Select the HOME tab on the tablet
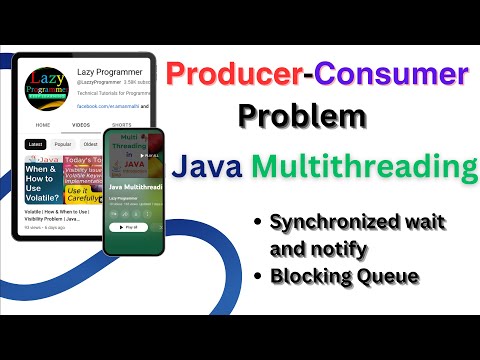[43, 126]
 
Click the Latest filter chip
[37, 144]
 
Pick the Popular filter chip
[63, 144]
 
